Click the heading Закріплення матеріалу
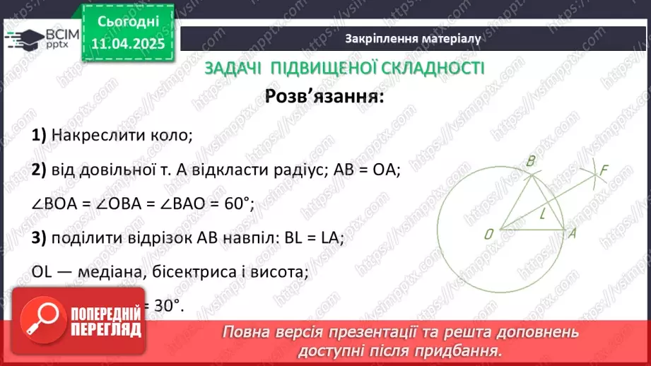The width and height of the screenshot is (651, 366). [x=414, y=39]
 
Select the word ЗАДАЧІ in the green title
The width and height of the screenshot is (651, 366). [x=230, y=68]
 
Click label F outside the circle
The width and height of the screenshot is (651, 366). [x=603, y=170]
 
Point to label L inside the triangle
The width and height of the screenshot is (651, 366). [x=541, y=213]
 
